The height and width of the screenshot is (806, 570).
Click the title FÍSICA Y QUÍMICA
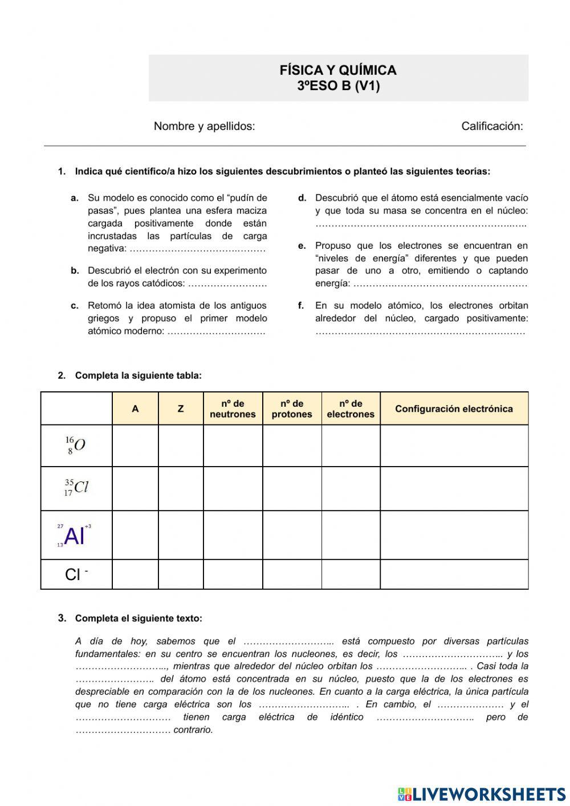click(338, 70)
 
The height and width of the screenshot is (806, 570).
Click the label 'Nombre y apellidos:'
click(204, 126)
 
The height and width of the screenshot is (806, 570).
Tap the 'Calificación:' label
click(492, 126)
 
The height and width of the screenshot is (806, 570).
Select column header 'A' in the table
click(135, 408)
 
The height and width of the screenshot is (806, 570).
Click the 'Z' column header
click(181, 408)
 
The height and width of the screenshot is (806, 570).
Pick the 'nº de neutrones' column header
click(233, 408)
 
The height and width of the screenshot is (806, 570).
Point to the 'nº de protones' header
click(292, 408)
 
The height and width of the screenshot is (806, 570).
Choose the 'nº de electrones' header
click(351, 408)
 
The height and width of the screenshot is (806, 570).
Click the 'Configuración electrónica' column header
click(454, 408)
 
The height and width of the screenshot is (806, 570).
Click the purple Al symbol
click(74, 536)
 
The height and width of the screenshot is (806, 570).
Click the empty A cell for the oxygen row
click(135, 445)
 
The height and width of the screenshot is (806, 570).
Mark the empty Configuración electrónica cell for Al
click(454, 535)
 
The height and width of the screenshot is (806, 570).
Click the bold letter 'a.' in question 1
click(75, 198)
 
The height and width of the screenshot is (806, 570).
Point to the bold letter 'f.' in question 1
click(302, 305)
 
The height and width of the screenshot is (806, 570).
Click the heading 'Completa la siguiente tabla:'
click(138, 375)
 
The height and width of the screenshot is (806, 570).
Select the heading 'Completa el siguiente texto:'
click(139, 618)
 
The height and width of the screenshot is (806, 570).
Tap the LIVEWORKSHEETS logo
click(482, 794)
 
